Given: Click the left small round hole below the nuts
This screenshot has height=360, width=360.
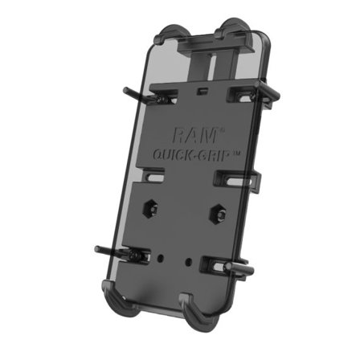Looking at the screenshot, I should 164,258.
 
